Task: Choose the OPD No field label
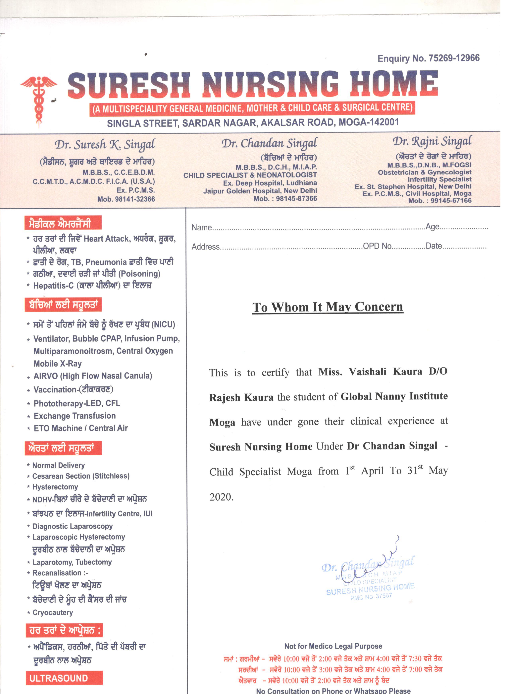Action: tap(377, 246)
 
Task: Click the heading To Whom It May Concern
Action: tap(328, 307)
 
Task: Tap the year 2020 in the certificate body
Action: tap(221, 497)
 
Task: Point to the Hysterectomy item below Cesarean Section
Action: tap(55, 487)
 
